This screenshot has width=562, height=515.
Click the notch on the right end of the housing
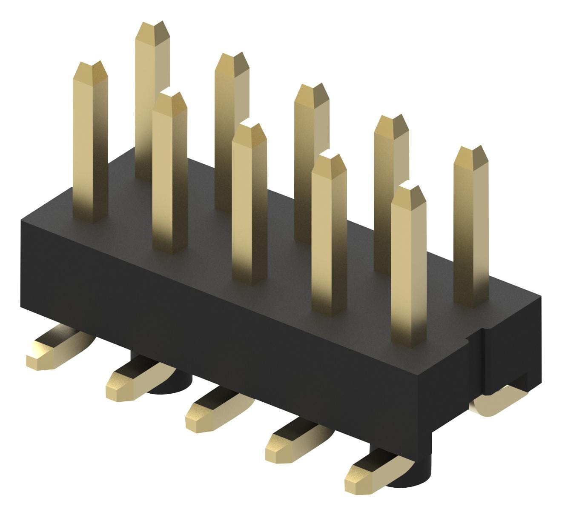click(477, 340)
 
